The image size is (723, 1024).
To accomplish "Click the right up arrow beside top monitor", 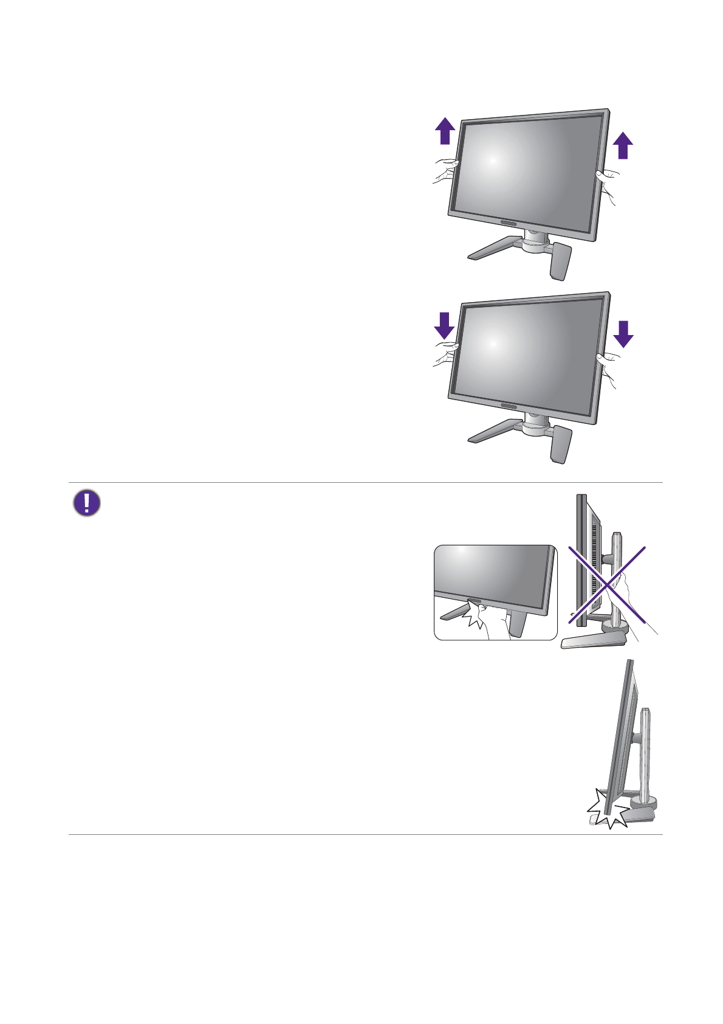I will (x=623, y=147).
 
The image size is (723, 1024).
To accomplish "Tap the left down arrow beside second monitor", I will (x=445, y=325).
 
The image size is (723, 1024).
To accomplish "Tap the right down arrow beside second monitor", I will (x=623, y=333).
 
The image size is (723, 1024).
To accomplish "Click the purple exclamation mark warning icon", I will (x=87, y=503).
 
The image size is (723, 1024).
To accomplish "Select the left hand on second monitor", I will (x=445, y=353).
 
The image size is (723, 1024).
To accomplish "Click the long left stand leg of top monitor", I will (x=491, y=249).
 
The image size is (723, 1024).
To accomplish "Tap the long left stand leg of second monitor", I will (x=491, y=431).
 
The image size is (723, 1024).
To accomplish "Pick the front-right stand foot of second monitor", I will (x=560, y=444).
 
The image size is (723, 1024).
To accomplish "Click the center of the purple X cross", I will (x=607, y=585).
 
